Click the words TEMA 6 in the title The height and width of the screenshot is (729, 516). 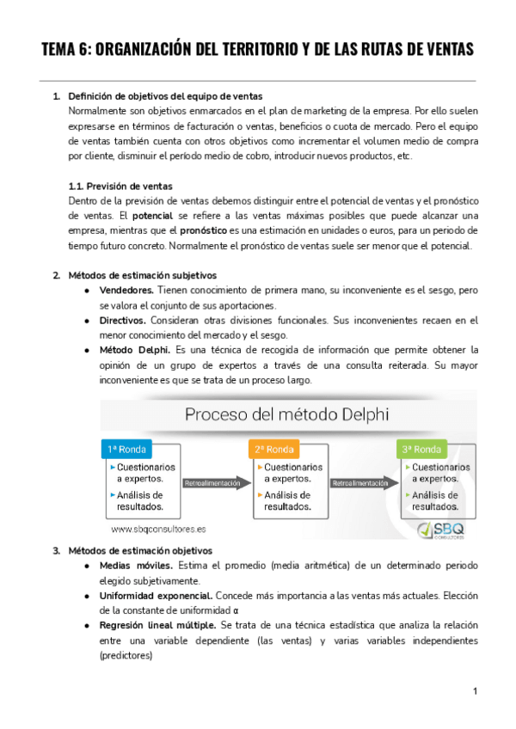(66, 50)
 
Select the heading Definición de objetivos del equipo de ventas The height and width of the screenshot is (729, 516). (165, 95)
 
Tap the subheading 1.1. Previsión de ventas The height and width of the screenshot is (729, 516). (120, 186)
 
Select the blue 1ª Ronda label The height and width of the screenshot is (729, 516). (127, 450)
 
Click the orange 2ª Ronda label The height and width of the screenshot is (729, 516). (273, 450)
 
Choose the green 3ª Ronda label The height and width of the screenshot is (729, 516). (422, 450)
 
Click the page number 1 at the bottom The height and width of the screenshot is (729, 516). (475, 692)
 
